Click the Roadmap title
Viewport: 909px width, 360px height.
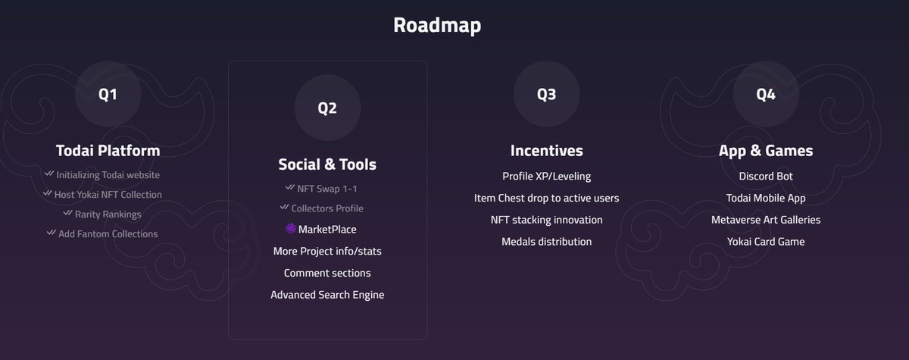(437, 25)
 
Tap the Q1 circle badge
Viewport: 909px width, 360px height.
(108, 95)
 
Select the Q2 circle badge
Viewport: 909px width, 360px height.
(327, 108)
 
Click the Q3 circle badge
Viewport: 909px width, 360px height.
(546, 95)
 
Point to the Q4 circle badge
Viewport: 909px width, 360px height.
(765, 95)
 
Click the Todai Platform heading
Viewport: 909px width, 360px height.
(108, 150)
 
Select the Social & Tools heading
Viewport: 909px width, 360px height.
(327, 164)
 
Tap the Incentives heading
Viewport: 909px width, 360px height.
(546, 150)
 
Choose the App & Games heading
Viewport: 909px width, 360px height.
(765, 150)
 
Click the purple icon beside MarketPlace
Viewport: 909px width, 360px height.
(291, 229)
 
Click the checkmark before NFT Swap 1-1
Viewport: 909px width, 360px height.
(289, 187)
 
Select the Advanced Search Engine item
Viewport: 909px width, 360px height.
(327, 294)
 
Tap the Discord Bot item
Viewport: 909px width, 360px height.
(765, 176)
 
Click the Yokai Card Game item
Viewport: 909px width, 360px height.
(765, 242)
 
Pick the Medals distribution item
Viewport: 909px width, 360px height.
(546, 242)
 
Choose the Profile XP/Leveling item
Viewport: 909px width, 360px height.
(546, 176)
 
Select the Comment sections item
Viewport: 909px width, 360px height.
(327, 272)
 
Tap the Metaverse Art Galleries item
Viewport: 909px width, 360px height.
(765, 220)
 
